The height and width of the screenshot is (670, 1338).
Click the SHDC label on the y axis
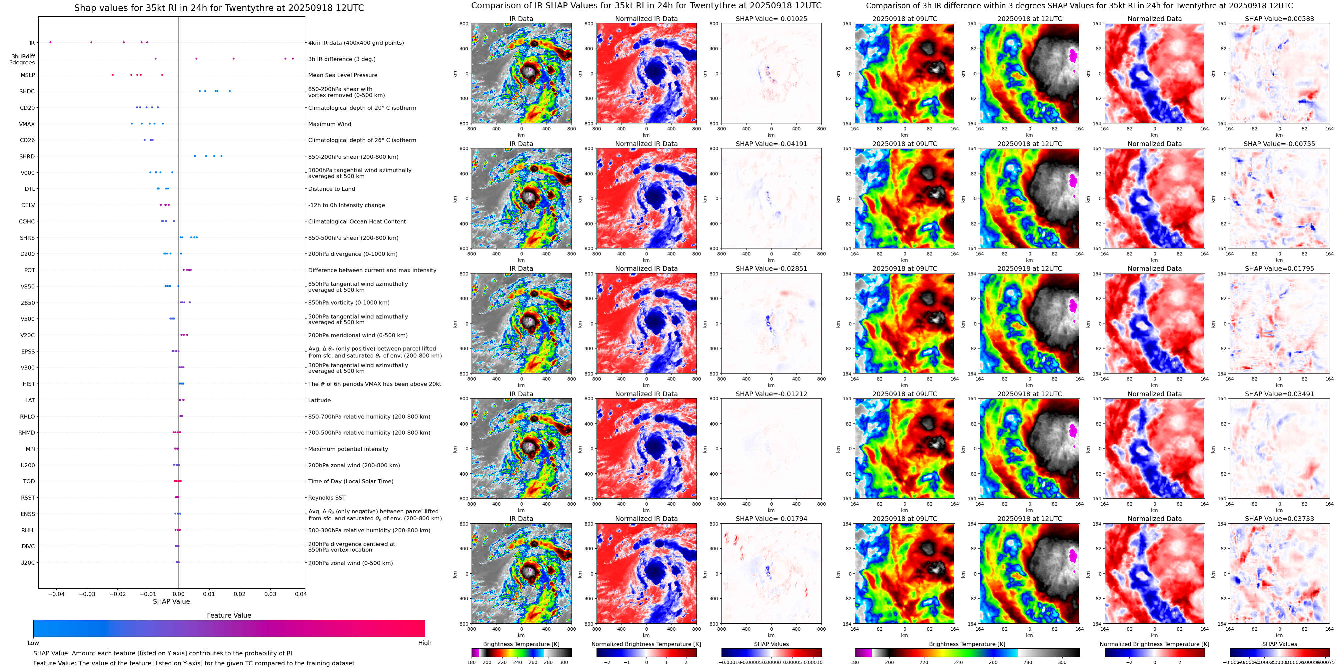pyautogui.click(x=27, y=91)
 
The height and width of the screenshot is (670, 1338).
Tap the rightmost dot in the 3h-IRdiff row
pyautogui.click(x=293, y=59)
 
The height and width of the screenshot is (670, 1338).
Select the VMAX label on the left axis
pyautogui.click(x=27, y=124)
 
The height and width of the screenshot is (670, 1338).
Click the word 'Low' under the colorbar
pyautogui.click(x=33, y=643)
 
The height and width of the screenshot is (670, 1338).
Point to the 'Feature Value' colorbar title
pyautogui.click(x=229, y=615)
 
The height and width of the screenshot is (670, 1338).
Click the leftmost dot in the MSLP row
pyautogui.click(x=113, y=75)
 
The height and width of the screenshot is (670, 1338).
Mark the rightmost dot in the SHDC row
pyautogui.click(x=230, y=91)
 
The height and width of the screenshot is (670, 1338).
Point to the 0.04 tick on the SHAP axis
pyautogui.click(x=301, y=594)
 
